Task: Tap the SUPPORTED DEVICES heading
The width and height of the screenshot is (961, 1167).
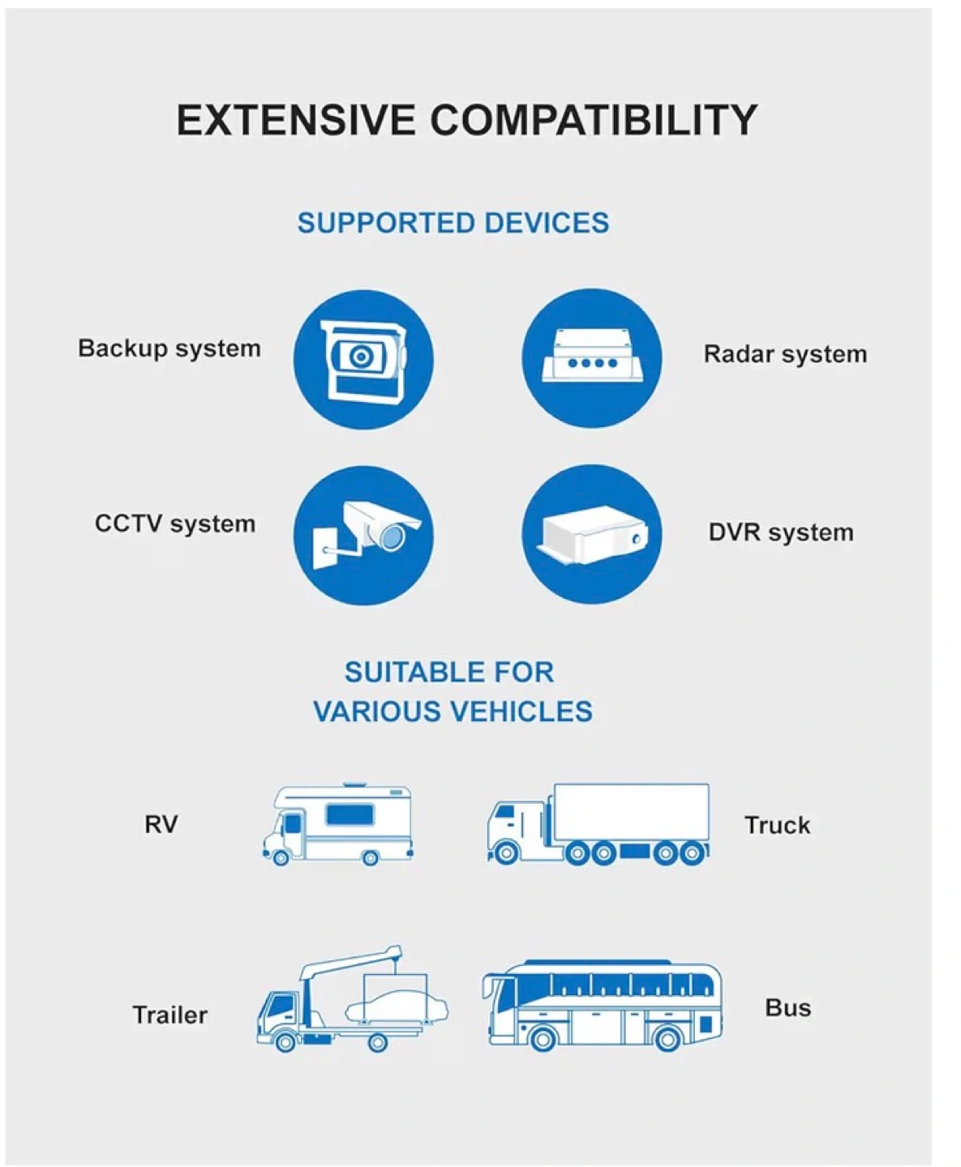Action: click(453, 223)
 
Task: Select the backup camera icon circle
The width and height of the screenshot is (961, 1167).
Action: click(363, 359)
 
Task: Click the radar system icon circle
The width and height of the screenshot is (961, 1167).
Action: click(592, 359)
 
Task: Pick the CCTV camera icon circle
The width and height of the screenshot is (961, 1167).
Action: click(363, 534)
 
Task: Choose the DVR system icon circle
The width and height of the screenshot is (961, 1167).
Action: click(592, 534)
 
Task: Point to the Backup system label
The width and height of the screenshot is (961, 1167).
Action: click(169, 348)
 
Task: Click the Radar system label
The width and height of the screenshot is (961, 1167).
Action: click(785, 354)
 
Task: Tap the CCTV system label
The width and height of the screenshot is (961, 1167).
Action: click(175, 524)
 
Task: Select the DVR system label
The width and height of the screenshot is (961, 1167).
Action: click(781, 532)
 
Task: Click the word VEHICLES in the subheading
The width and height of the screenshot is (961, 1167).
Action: click(521, 712)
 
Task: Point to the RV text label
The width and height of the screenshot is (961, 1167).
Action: click(161, 824)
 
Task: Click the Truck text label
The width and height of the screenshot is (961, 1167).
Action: click(777, 825)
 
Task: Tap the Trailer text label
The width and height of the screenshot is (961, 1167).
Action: click(169, 1015)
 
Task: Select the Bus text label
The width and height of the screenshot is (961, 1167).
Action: click(787, 1007)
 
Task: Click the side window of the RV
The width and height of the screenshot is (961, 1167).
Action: click(350, 814)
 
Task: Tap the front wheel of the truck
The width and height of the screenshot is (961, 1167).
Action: click(506, 853)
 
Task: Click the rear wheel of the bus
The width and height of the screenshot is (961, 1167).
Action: click(667, 1038)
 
